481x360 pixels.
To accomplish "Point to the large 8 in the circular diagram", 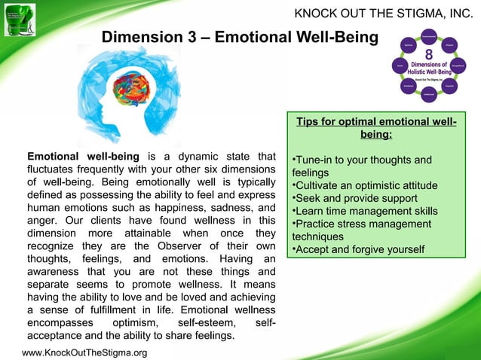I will tap(428, 55).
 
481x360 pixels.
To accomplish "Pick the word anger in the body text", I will tap(41, 221).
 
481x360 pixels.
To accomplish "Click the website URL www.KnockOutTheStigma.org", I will tap(84, 352).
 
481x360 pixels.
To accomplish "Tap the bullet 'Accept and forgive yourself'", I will tap(358, 249).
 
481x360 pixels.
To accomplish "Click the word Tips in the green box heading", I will tap(310, 122).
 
